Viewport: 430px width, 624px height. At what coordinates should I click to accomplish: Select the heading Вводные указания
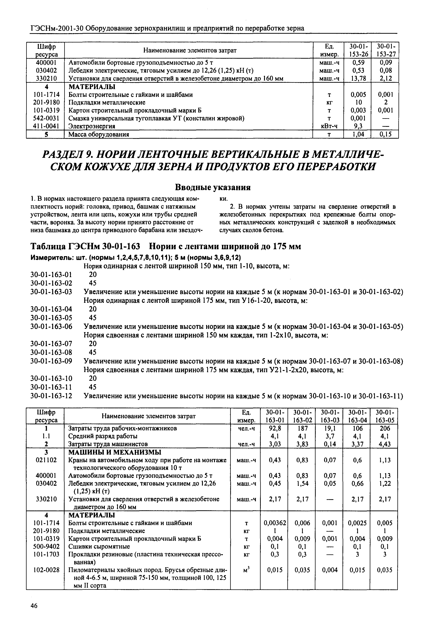(x=213, y=187)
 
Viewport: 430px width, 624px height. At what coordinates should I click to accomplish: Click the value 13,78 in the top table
(x=357, y=79)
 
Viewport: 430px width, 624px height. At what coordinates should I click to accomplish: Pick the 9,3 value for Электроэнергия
(x=357, y=126)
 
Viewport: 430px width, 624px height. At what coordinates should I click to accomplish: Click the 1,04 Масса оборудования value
(x=357, y=134)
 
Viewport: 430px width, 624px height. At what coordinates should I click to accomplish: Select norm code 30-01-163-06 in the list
(x=51, y=326)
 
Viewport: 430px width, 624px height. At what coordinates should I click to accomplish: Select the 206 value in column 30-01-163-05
(x=384, y=428)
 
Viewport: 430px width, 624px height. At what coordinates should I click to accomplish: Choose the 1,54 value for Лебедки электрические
(x=302, y=484)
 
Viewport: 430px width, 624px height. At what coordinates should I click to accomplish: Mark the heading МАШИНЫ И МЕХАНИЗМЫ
(x=115, y=452)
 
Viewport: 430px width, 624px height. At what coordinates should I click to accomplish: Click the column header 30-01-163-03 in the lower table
(x=329, y=416)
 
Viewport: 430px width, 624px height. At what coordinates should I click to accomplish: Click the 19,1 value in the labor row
(x=329, y=428)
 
